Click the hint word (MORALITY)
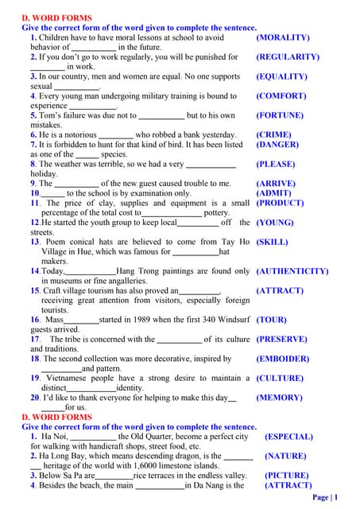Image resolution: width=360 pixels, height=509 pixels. [283, 37]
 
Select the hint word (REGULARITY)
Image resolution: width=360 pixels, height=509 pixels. [288, 57]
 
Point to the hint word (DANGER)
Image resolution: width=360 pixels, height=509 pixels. [277, 145]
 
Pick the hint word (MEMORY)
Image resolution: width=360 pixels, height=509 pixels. [279, 398]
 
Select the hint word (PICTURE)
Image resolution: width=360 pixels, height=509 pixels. [287, 475]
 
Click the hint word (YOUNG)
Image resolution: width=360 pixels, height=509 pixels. [275, 223]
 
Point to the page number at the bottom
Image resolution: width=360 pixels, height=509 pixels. [326, 498]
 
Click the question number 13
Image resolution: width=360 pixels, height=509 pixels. [36, 242]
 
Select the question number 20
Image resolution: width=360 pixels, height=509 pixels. [36, 398]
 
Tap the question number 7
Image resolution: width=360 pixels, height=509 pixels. [33, 145]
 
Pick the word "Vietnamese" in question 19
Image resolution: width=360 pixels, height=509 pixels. [66, 379]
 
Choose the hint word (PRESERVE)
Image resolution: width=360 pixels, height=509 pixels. [281, 339]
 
